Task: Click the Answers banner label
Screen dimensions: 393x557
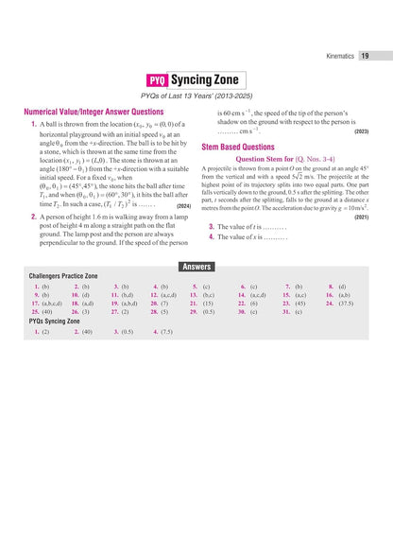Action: [x=196, y=267]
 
